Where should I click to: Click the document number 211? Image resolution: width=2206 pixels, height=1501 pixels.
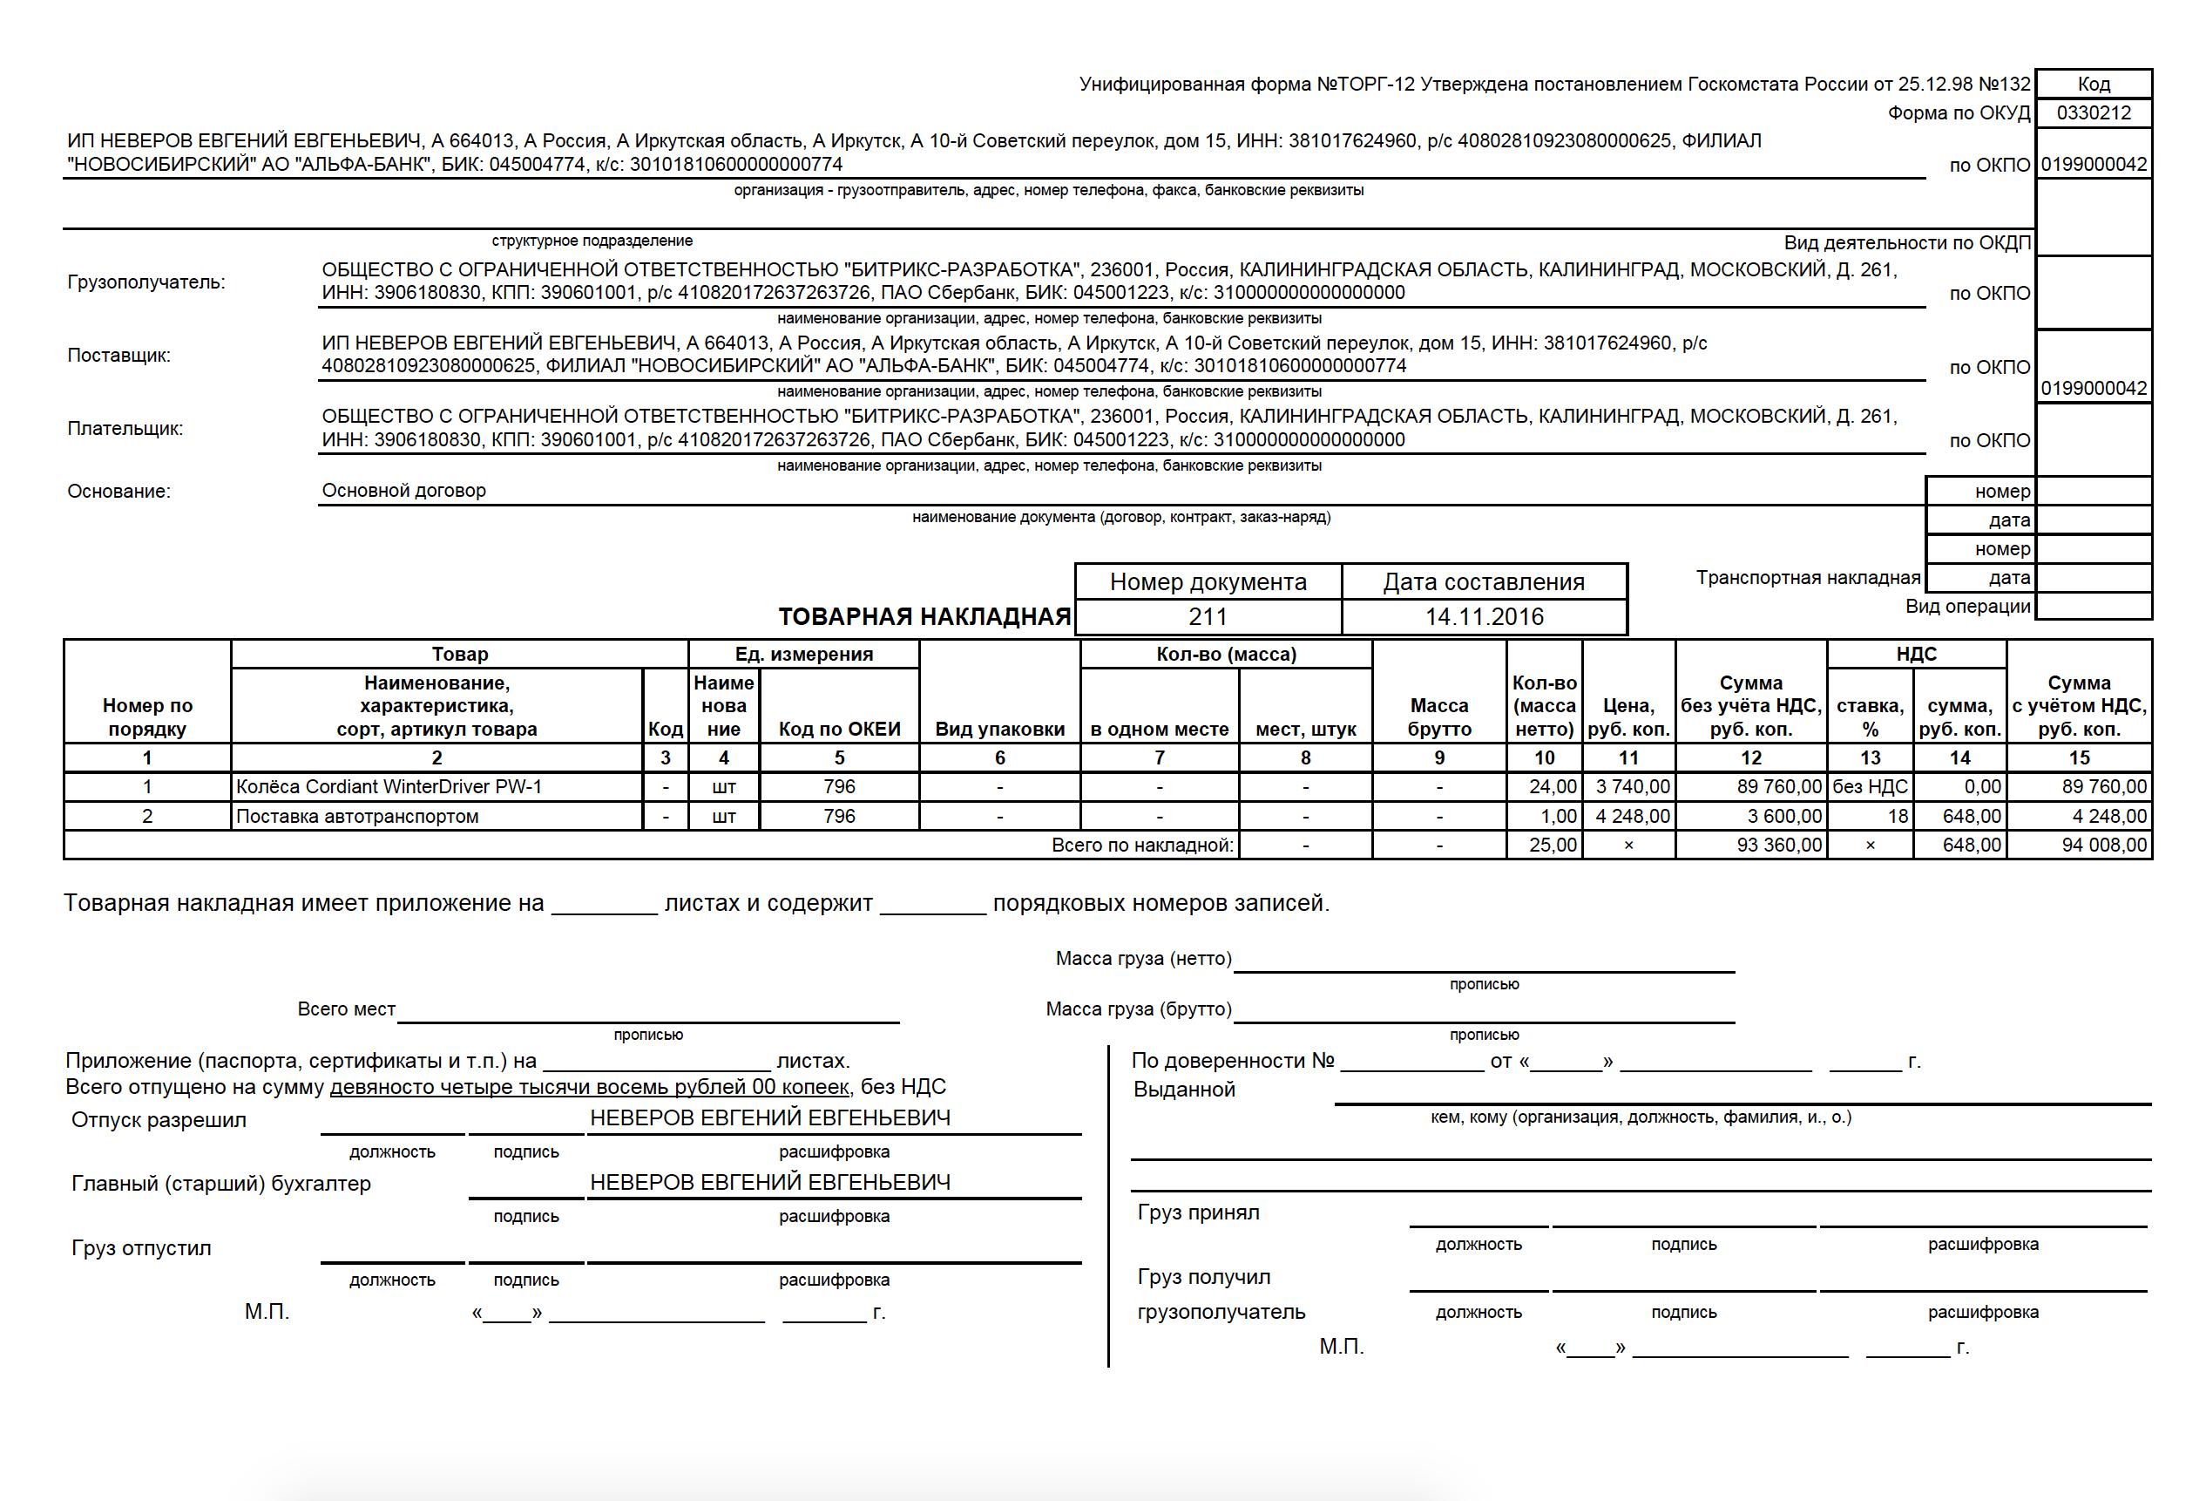pyautogui.click(x=1208, y=617)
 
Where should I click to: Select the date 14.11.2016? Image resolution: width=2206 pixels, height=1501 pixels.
pyautogui.click(x=1484, y=617)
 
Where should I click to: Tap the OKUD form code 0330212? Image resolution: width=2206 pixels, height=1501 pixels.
pyautogui.click(x=2093, y=113)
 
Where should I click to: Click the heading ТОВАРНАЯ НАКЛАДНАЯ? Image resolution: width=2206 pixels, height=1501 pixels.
pyautogui.click(x=924, y=617)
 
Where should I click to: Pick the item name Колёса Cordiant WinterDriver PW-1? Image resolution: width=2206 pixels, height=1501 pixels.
pyautogui.click(x=389, y=787)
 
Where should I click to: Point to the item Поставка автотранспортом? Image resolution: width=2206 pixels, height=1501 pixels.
pyautogui.click(x=357, y=817)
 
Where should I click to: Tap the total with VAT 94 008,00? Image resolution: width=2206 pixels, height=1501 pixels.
pyautogui.click(x=2103, y=845)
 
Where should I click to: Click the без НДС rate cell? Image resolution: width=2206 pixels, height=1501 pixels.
pyautogui.click(x=1869, y=787)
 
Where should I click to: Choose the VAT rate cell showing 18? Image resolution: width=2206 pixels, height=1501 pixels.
pyautogui.click(x=1897, y=817)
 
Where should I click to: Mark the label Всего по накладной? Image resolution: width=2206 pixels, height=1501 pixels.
pyautogui.click(x=1142, y=845)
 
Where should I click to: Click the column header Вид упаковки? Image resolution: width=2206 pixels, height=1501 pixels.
pyautogui.click(x=999, y=729)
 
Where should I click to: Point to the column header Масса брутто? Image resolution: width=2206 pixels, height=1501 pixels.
pyautogui.click(x=1439, y=717)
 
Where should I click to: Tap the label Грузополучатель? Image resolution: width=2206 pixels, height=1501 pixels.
pyautogui.click(x=146, y=282)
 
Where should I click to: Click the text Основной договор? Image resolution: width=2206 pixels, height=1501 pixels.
pyautogui.click(x=403, y=491)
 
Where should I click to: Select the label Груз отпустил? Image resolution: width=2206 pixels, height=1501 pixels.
pyautogui.click(x=141, y=1248)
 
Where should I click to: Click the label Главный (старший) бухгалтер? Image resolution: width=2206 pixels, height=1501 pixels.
pyautogui.click(x=221, y=1184)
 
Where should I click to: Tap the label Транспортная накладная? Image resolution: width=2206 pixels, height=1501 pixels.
pyautogui.click(x=1807, y=578)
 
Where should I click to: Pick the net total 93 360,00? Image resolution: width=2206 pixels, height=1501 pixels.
pyautogui.click(x=1779, y=845)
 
